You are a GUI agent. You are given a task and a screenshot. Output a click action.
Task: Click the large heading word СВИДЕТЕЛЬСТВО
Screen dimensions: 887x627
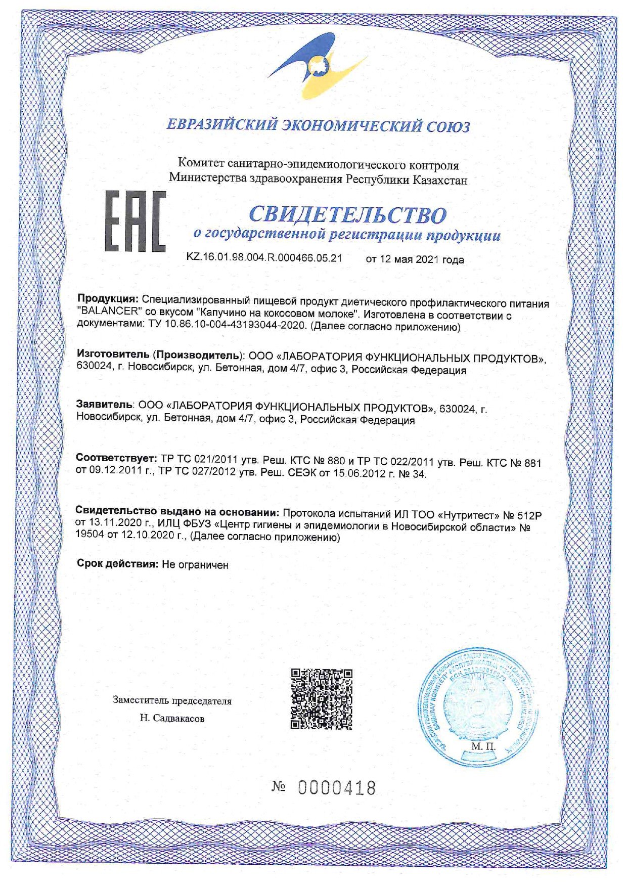click(348, 214)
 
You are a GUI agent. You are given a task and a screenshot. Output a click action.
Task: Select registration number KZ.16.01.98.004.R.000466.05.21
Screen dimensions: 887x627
click(264, 257)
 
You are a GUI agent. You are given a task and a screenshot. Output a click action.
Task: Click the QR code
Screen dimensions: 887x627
click(321, 698)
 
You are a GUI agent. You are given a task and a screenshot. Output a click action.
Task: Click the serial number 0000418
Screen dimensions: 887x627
click(337, 788)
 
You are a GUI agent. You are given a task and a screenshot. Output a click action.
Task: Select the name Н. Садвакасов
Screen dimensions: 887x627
click(172, 718)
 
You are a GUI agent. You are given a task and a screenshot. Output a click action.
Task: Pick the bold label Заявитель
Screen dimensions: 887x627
click(104, 405)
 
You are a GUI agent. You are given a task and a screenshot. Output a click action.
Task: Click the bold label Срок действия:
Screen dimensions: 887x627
click(118, 564)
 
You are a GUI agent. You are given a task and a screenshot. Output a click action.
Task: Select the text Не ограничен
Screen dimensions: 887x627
click(195, 565)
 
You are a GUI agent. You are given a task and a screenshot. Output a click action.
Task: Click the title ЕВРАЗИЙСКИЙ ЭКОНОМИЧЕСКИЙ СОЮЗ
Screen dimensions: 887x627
click(319, 125)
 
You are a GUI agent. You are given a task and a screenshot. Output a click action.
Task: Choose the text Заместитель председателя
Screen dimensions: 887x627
click(172, 701)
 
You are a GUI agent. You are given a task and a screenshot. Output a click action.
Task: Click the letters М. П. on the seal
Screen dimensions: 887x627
click(483, 746)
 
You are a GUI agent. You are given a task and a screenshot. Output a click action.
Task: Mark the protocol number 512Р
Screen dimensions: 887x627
click(529, 516)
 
